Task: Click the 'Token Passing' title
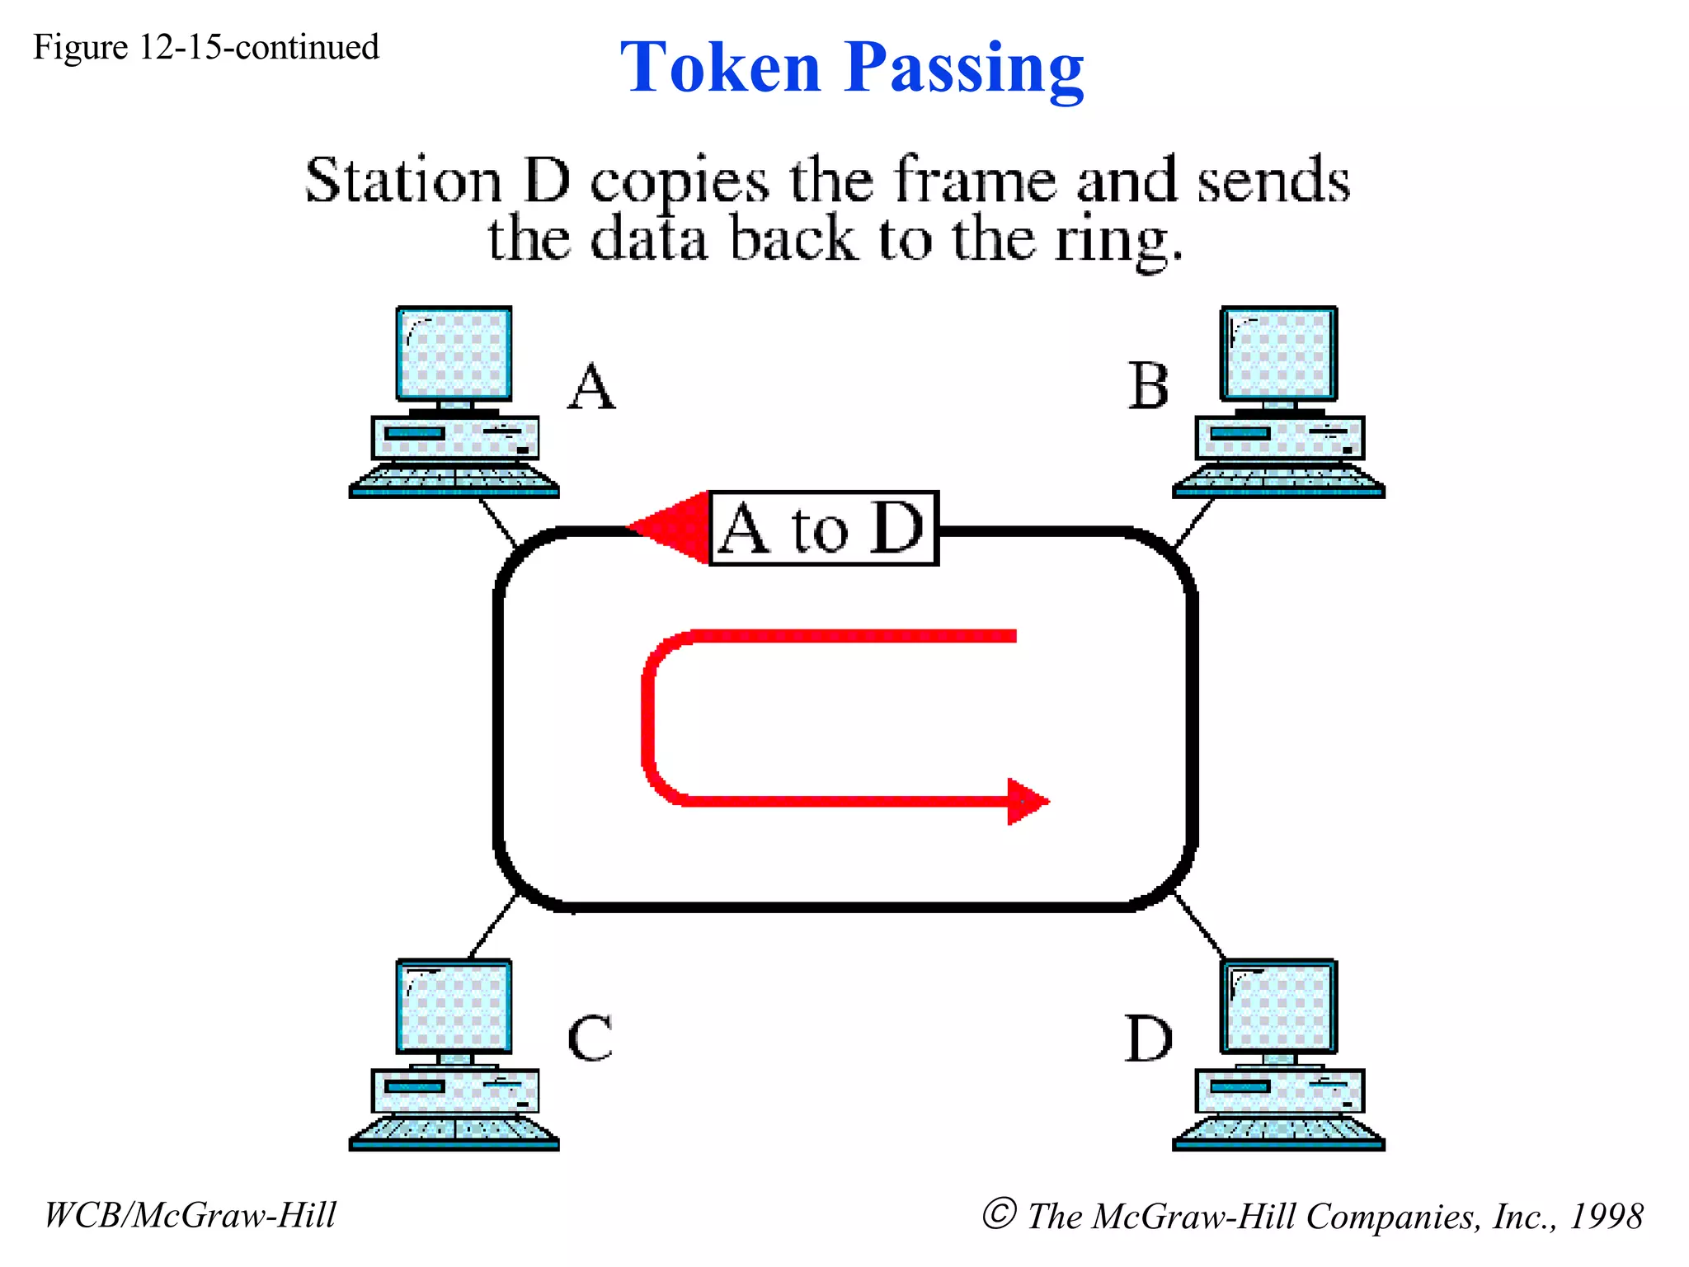point(851,68)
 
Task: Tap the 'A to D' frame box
point(823,529)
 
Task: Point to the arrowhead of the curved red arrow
point(1028,801)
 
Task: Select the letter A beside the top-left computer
point(591,387)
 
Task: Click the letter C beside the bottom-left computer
point(590,1038)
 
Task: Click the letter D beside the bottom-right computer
point(1148,1038)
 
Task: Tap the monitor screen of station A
point(454,353)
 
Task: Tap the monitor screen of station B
point(1279,353)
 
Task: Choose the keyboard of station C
point(454,1132)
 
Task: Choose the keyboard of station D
point(1278,1132)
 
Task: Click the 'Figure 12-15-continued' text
point(206,48)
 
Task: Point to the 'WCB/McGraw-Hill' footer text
point(191,1215)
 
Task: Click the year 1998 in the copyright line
point(1606,1216)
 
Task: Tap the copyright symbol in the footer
point(999,1213)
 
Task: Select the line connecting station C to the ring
point(492,926)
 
